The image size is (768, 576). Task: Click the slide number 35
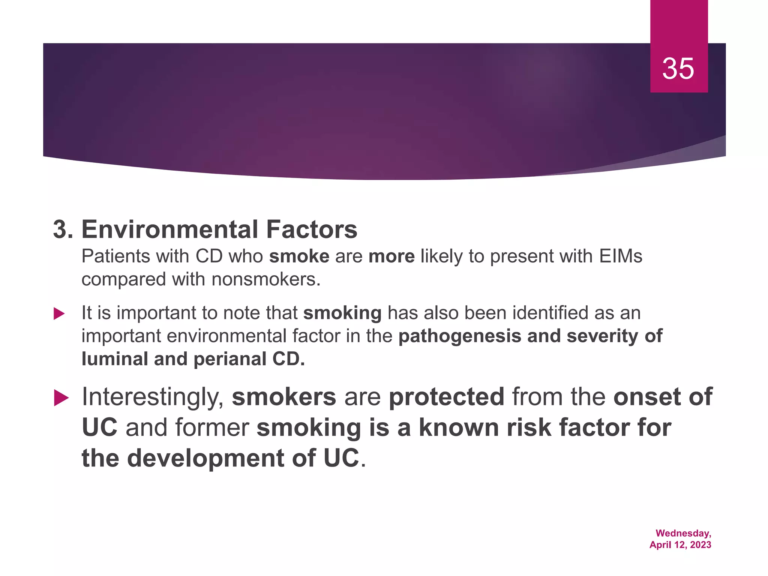(x=678, y=69)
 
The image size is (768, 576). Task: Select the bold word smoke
(x=299, y=256)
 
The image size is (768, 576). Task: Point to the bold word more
(x=391, y=256)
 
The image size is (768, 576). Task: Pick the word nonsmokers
(x=265, y=279)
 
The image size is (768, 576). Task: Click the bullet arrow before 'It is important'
(x=59, y=313)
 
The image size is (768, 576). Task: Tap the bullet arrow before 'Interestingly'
(x=61, y=398)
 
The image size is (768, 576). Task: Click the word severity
(x=601, y=336)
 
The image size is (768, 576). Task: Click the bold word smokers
(x=284, y=397)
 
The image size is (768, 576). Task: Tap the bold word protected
(x=446, y=397)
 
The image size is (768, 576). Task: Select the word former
(x=212, y=428)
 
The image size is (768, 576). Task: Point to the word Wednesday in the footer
(x=682, y=533)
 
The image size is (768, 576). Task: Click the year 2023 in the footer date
(x=700, y=545)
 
